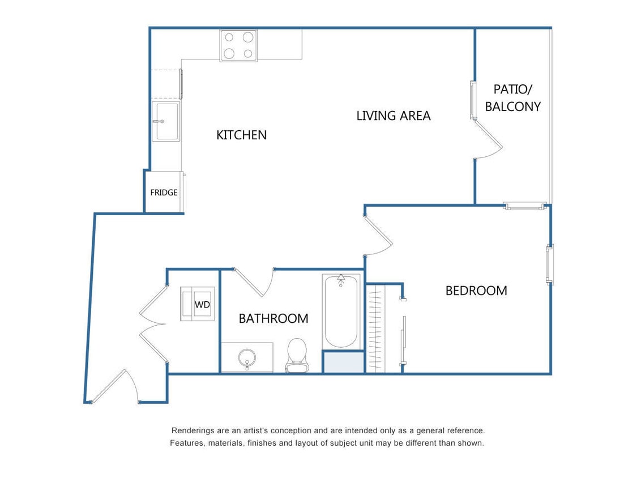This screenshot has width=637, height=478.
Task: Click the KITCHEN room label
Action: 241,135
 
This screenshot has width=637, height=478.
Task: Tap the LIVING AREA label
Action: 393,116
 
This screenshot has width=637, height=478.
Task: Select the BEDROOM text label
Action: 476,291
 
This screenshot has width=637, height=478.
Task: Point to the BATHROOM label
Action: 273,318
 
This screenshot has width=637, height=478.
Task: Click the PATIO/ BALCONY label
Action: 512,97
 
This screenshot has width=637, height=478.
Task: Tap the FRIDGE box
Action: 164,193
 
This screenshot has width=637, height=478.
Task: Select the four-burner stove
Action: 238,45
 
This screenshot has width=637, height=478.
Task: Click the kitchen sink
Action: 166,121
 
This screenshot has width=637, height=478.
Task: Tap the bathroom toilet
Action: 296,355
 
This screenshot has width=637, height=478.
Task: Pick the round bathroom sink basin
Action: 247,358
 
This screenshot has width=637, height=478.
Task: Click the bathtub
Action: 341,311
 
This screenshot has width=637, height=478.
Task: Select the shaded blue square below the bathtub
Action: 343,362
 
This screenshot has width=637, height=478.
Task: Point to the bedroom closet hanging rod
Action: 375,328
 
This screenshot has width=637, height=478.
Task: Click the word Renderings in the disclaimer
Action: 193,430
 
